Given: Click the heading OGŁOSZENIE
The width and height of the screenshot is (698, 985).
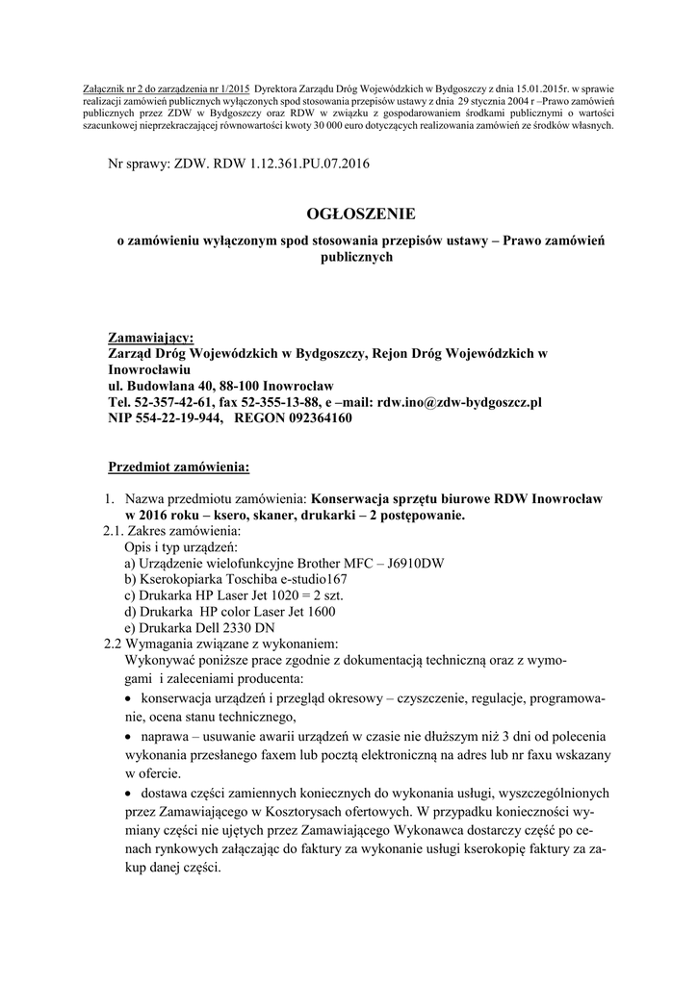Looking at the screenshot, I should tap(350, 214).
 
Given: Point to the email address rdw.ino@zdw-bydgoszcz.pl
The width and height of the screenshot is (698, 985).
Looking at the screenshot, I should tap(459, 402).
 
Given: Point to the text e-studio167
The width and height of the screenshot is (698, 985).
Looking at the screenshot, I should tap(308, 579).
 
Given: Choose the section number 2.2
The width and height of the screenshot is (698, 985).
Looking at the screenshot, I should tap(113, 644).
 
